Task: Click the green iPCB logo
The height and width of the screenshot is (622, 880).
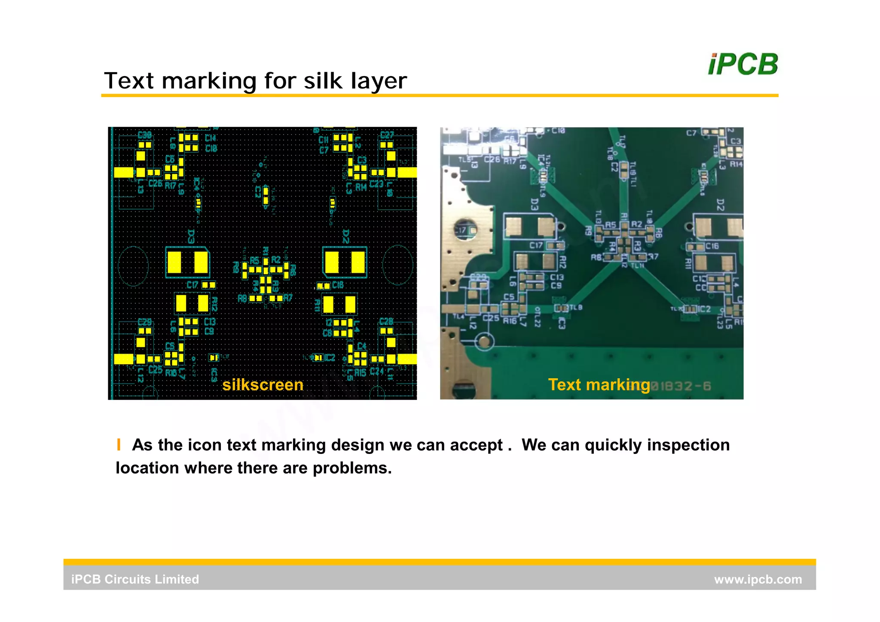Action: pos(743,64)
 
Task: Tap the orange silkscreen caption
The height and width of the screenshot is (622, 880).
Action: pos(263,385)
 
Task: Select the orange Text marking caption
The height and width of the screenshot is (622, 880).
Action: pos(599,384)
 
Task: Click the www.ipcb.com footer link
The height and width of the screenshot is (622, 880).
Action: pos(758,579)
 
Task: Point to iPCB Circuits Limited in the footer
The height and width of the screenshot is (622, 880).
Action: pos(135,579)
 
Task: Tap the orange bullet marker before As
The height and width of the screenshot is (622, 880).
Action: pos(119,444)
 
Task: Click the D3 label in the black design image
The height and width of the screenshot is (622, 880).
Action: pos(191,236)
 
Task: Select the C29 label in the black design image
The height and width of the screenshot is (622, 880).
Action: pos(145,322)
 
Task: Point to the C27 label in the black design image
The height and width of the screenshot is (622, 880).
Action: pos(387,135)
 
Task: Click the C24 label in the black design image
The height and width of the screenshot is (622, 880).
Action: pos(377,371)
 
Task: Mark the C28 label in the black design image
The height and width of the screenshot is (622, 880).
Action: pos(386,322)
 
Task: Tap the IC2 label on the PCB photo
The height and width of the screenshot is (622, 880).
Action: pos(705,309)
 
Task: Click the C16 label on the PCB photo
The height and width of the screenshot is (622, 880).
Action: pos(712,246)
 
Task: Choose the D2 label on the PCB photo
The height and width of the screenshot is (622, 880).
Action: pos(721,205)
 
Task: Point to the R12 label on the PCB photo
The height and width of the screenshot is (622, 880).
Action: pos(563,261)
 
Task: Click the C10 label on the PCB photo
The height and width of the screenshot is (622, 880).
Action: pos(558,130)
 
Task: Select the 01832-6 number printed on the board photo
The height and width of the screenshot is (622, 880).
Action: pos(683,386)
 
